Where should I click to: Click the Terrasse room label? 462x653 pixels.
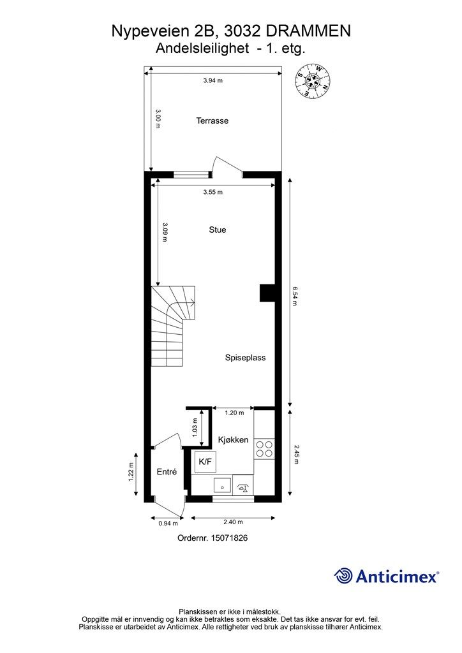(212, 121)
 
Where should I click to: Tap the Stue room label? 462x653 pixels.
(217, 230)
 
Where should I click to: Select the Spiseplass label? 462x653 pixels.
(245, 358)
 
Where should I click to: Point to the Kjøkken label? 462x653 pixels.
(233, 440)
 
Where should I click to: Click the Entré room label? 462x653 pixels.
(167, 472)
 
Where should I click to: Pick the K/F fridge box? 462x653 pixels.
(205, 462)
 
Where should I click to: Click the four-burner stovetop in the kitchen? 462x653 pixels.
(264, 449)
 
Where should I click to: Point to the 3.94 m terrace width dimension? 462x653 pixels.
(212, 81)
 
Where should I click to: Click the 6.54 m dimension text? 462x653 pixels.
(295, 295)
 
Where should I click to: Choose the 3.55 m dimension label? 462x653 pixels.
(212, 193)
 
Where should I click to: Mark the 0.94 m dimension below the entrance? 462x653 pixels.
(167, 524)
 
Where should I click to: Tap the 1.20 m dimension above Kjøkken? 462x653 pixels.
(234, 413)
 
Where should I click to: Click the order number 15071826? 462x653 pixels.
(212, 538)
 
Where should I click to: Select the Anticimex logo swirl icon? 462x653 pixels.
(343, 576)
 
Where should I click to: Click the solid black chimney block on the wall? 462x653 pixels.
(267, 292)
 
